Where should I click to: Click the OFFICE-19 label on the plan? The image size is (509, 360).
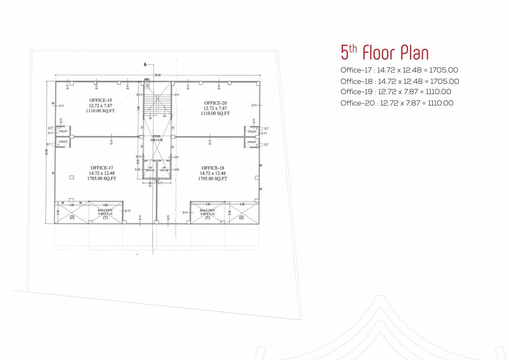pyautogui.click(x=100, y=100)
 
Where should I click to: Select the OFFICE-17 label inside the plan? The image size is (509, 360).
pyautogui.click(x=102, y=168)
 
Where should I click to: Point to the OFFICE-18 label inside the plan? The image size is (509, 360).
pyautogui.click(x=213, y=168)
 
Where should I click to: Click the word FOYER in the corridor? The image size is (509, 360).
pyautogui.click(x=157, y=136)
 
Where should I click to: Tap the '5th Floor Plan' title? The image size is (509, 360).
pyautogui.click(x=384, y=52)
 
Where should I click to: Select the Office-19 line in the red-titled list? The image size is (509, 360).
pyautogui.click(x=396, y=92)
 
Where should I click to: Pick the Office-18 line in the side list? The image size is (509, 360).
pyautogui.click(x=399, y=81)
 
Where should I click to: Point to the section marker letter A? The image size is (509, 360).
pyautogui.click(x=145, y=64)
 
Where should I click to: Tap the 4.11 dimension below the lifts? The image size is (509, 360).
pyautogui.click(x=161, y=183)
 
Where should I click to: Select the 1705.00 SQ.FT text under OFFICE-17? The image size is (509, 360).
pyautogui.click(x=102, y=179)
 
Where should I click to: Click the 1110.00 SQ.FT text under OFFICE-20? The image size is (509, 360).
pyautogui.click(x=215, y=113)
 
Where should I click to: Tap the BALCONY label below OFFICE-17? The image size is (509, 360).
pyautogui.click(x=105, y=210)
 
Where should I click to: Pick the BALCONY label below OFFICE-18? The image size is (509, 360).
pyautogui.click(x=207, y=211)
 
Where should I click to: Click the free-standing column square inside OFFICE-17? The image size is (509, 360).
pyautogui.click(x=71, y=177)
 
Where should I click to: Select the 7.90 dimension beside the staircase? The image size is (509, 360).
pyautogui.click(x=139, y=108)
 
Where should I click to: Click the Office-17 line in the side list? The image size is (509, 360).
pyautogui.click(x=399, y=70)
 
